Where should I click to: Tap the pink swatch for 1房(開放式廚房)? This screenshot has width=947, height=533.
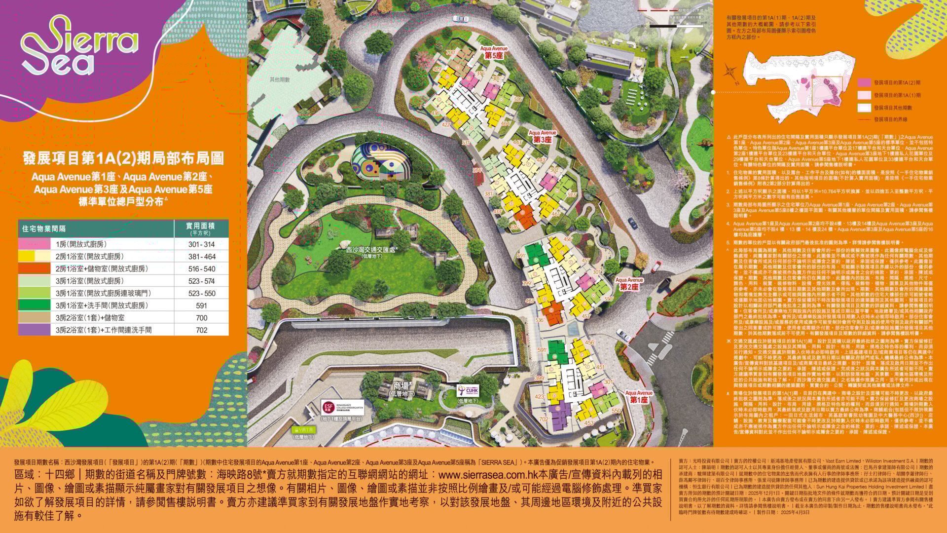[x=34, y=244]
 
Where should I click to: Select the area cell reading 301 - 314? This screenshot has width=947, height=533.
[x=201, y=244]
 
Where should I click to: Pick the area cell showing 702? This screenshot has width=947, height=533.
[x=201, y=330]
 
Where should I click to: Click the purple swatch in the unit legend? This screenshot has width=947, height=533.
[x=34, y=330]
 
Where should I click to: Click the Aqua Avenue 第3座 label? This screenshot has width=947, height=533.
[x=542, y=137]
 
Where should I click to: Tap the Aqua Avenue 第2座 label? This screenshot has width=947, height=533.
[x=629, y=284]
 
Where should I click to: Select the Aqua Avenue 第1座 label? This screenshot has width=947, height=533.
[x=639, y=397]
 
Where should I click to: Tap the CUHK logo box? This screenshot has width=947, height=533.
[x=468, y=390]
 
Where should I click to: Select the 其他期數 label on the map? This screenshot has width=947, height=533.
[x=279, y=79]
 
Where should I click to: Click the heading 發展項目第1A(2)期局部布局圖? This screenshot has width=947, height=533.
[x=123, y=158]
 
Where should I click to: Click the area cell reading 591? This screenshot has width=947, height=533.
[x=201, y=305]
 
